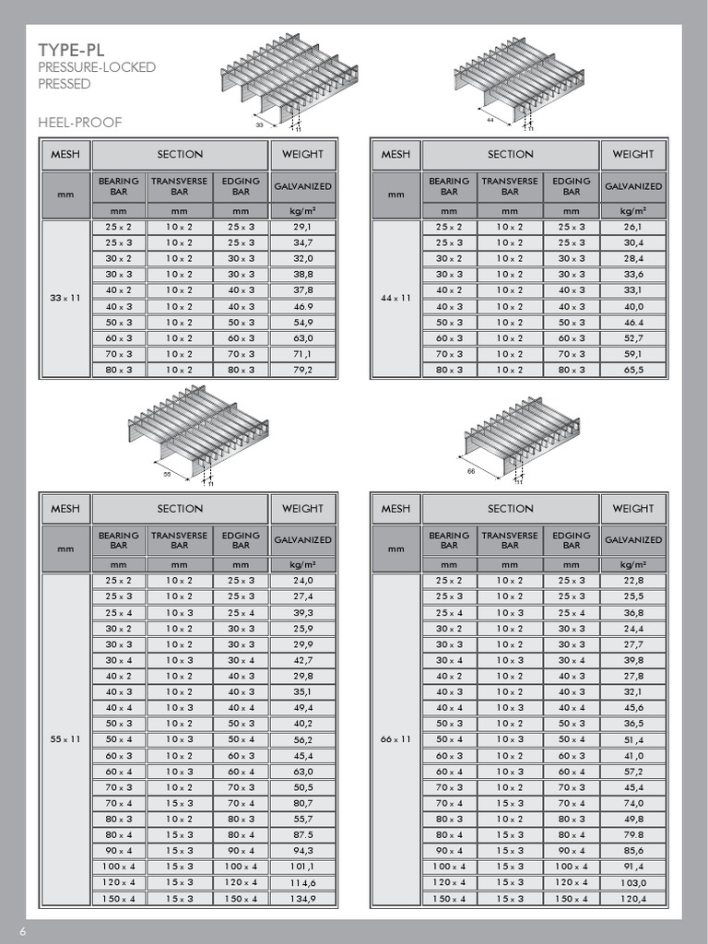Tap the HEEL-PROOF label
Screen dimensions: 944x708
pyautogui.click(x=79, y=123)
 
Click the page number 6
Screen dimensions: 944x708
pyautogui.click(x=21, y=931)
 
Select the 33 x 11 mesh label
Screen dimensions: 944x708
pyautogui.click(x=65, y=298)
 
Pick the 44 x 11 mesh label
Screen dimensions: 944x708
pyautogui.click(x=396, y=298)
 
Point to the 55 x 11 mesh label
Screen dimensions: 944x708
pyautogui.click(x=65, y=739)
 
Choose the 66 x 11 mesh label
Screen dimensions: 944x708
pyautogui.click(x=396, y=739)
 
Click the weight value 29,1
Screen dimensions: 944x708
pyautogui.click(x=302, y=227)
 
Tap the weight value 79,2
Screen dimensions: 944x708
pyautogui.click(x=302, y=370)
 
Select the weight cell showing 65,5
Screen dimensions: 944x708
pyautogui.click(x=633, y=370)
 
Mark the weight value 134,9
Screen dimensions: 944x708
pyautogui.click(x=302, y=899)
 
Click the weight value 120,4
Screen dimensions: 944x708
pyautogui.click(x=633, y=899)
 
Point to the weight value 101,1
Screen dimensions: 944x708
pyautogui.click(x=302, y=867)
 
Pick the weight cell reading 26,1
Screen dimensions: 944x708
pyautogui.click(x=633, y=227)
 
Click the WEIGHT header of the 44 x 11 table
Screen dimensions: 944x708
pyautogui.click(x=633, y=154)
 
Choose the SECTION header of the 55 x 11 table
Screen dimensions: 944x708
pyautogui.click(x=180, y=508)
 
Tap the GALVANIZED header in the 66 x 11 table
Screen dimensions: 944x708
pyautogui.click(x=633, y=540)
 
